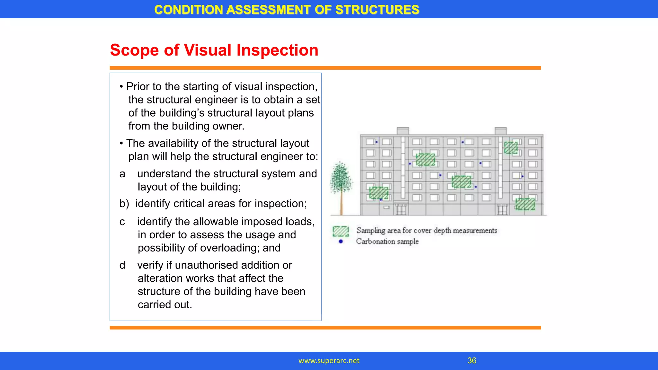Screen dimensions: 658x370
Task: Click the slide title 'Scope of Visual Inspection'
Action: tap(214, 50)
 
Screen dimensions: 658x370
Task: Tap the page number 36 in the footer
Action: tap(472, 360)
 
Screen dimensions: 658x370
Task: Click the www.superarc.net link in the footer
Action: tap(329, 361)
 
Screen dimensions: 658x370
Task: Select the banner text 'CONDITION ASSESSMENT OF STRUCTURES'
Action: tap(287, 10)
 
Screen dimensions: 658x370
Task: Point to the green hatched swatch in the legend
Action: tap(341, 231)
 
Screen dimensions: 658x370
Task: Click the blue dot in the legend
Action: tap(341, 242)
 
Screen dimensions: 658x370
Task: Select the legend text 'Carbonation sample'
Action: tap(387, 241)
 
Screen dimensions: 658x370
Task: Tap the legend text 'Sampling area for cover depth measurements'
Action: tap(427, 230)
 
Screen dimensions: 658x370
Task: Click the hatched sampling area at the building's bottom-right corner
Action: tap(525, 204)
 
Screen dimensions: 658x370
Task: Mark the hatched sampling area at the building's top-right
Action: tap(511, 148)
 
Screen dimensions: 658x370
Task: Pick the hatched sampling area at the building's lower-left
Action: tap(378, 193)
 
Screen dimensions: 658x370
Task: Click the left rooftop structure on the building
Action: tap(403, 131)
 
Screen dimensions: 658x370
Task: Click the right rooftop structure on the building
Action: tap(501, 131)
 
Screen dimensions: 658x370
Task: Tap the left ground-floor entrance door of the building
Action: tap(401, 210)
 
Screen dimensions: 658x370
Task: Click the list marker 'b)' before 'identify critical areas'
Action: tap(124, 204)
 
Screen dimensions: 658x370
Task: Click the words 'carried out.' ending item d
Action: tap(165, 304)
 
